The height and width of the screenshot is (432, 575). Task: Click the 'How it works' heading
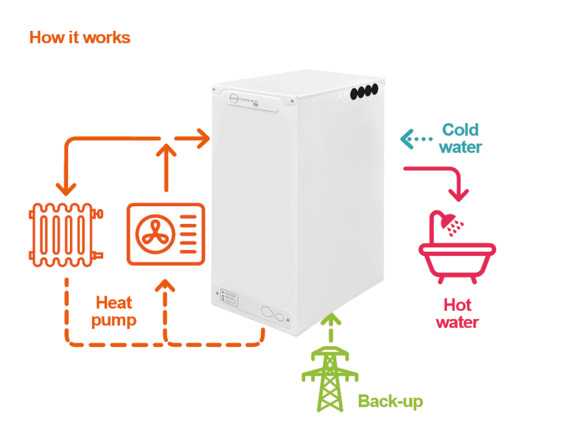coord(79,37)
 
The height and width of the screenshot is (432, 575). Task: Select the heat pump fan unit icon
coord(165,233)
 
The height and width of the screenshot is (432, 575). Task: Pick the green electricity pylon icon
coord(330,379)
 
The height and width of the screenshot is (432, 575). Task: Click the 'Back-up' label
coord(390,401)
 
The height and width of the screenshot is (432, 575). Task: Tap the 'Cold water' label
coord(461,138)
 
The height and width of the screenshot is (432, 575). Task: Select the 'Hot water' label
coord(457,313)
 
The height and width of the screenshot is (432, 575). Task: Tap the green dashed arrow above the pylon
coord(331,328)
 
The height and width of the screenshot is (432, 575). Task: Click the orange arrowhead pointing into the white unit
coord(203,139)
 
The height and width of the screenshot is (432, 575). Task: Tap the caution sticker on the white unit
coord(229,296)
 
